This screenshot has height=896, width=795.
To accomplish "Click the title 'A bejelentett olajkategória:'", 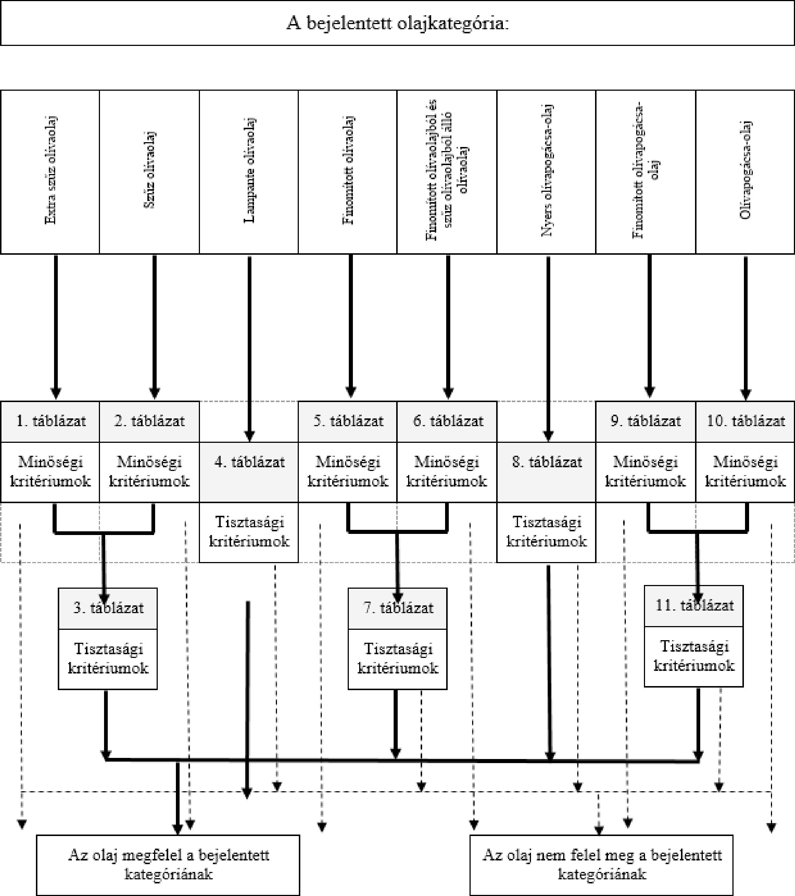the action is click(x=397, y=23).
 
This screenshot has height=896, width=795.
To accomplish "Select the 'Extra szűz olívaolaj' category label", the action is click(x=50, y=170).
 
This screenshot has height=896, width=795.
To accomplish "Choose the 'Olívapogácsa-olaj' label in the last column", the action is click(x=745, y=170).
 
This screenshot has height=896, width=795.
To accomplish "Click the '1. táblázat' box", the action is click(x=50, y=421).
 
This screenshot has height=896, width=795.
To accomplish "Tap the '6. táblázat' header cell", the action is click(x=447, y=421).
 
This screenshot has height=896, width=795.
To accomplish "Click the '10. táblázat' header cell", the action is click(x=745, y=421).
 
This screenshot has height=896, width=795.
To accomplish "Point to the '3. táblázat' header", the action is click(x=108, y=608).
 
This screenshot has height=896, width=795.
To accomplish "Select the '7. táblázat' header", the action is click(x=398, y=608).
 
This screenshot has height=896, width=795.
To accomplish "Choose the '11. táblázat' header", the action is click(x=694, y=606).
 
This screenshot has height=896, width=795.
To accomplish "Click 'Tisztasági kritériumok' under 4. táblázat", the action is click(x=249, y=531).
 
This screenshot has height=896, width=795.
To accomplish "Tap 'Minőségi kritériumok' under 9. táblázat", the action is click(x=645, y=471).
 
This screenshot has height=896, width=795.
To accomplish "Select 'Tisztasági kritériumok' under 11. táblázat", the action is click(x=694, y=656).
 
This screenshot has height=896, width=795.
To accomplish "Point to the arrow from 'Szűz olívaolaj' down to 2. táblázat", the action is click(x=154, y=327).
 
